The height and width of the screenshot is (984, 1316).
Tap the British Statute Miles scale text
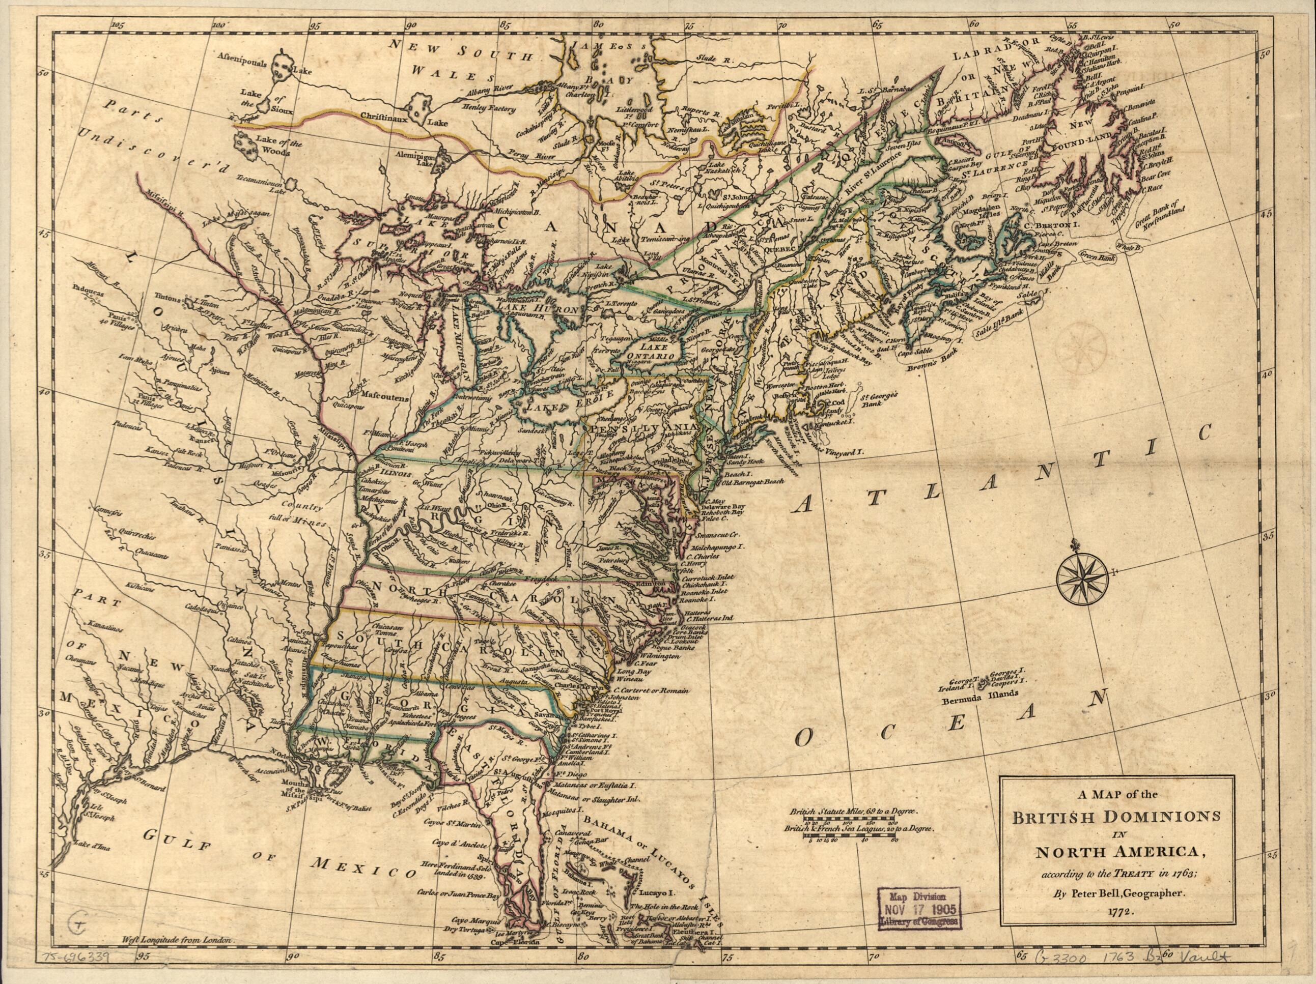(855, 812)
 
